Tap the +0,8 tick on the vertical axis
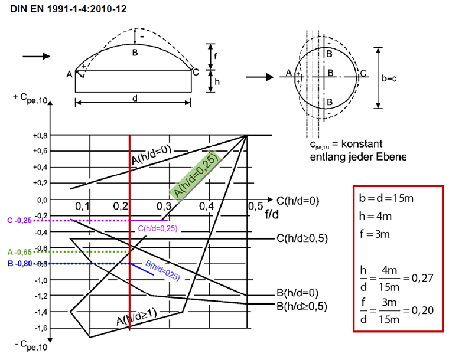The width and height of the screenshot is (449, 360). coord(41,135)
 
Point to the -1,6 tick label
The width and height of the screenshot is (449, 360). coord(40,327)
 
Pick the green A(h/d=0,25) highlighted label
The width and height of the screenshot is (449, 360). coord(195,173)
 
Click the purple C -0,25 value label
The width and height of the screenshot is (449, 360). coord(19,220)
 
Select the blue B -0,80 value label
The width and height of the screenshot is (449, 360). coord(19,263)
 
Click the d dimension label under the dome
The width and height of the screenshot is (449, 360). coord(135,100)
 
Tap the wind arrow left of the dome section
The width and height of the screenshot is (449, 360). coord(35,57)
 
